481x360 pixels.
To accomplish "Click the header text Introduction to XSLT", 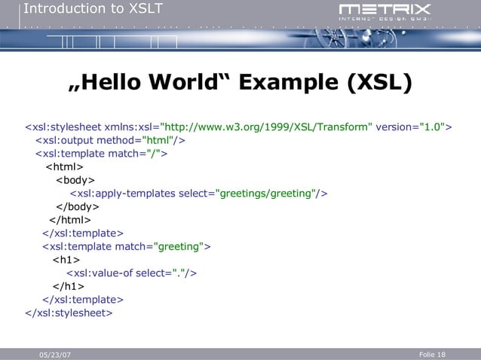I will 92,9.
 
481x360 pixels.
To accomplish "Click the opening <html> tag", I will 65,167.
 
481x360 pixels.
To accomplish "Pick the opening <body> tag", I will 75,180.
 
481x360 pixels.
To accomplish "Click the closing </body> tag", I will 78,206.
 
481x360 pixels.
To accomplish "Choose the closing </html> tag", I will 70,220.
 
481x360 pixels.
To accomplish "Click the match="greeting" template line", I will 127,246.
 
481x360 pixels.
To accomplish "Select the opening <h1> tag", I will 66,260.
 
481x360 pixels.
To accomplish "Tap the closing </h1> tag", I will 69,286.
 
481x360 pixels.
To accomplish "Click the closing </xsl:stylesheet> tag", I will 69,312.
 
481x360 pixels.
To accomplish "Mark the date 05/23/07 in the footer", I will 56,355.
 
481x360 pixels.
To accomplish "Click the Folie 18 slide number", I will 431,354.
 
